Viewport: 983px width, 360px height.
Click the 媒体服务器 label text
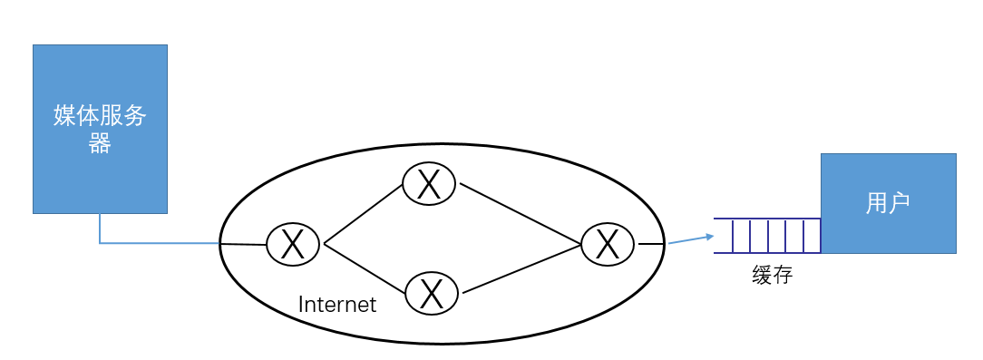100,128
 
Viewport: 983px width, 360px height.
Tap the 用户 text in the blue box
888,203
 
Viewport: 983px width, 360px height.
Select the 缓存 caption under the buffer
772,275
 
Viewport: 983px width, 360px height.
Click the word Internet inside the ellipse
337,305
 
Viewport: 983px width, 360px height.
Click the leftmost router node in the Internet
293,244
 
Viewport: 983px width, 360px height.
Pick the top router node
429,184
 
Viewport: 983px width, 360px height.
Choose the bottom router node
432,293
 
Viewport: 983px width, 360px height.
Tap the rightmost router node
608,244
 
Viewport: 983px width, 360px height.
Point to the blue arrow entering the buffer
690,240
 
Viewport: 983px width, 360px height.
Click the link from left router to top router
364,215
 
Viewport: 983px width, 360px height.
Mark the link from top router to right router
521,214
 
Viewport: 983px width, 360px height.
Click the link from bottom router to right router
521,269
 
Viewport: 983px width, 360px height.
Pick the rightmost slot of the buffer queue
811,236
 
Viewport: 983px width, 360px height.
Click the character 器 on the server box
100,143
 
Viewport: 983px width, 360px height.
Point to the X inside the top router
429,184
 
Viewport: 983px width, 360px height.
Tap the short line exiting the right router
650,244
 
